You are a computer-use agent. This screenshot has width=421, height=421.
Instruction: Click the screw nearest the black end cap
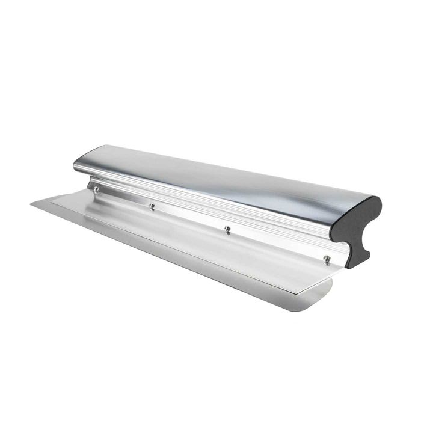[327, 259]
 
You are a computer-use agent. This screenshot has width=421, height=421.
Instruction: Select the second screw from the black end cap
[227, 229]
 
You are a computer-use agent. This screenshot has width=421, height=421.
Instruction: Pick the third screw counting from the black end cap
[152, 206]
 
